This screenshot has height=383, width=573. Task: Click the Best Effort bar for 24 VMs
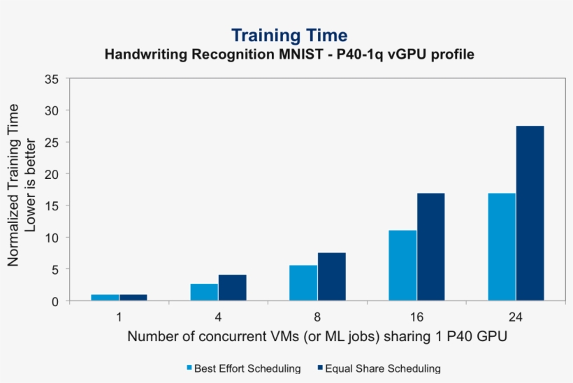pos(502,247)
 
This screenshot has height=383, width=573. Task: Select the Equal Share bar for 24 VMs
pos(530,213)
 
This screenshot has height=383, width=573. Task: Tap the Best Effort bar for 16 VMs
pos(402,266)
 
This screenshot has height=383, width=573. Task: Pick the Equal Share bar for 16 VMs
pos(430,247)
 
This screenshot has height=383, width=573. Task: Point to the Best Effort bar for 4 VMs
pos(204,292)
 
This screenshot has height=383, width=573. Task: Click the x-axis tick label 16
pos(416,317)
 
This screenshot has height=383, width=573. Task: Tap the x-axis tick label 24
pos(516,317)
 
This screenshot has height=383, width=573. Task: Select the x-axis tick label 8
pos(317,317)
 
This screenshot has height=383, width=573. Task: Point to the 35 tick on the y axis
pos(52,78)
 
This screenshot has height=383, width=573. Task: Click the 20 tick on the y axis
pos(52,174)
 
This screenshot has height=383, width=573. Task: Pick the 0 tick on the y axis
pos(55,301)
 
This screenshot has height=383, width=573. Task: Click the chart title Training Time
pos(289,35)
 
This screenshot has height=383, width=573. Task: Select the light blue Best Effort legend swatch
pos(189,368)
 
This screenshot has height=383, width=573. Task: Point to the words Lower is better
pos(31,185)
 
